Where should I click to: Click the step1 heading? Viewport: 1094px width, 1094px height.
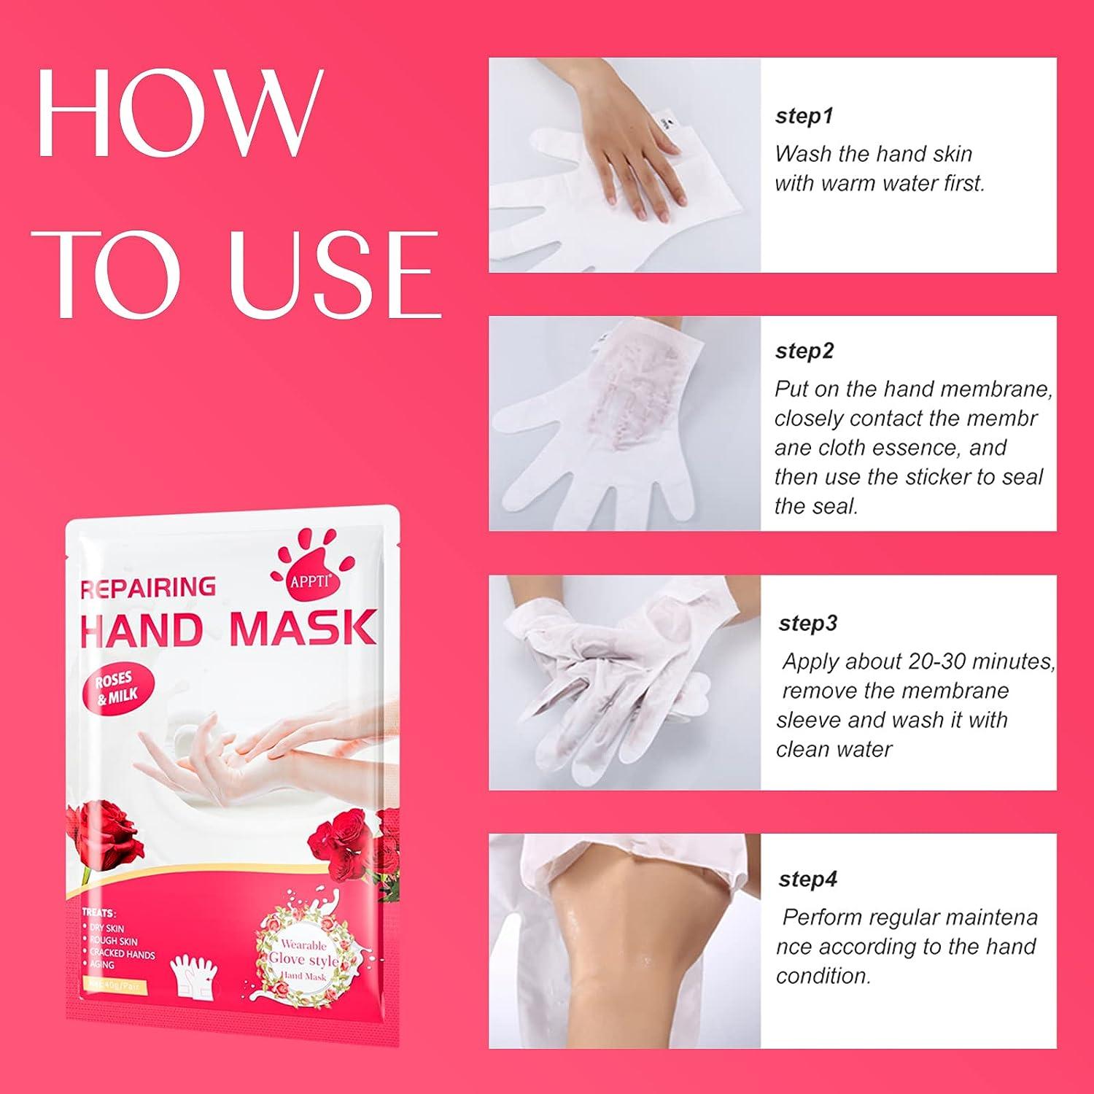[x=804, y=116]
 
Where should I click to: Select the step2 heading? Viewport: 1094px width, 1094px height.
[x=804, y=351]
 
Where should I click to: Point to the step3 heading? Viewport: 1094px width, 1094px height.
[x=808, y=623]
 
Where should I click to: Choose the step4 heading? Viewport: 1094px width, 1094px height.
[x=808, y=879]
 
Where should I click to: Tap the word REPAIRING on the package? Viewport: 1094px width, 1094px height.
[x=148, y=587]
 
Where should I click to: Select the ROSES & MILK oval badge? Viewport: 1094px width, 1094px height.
[x=117, y=688]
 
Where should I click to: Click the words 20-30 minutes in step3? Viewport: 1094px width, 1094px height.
[x=982, y=662]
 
